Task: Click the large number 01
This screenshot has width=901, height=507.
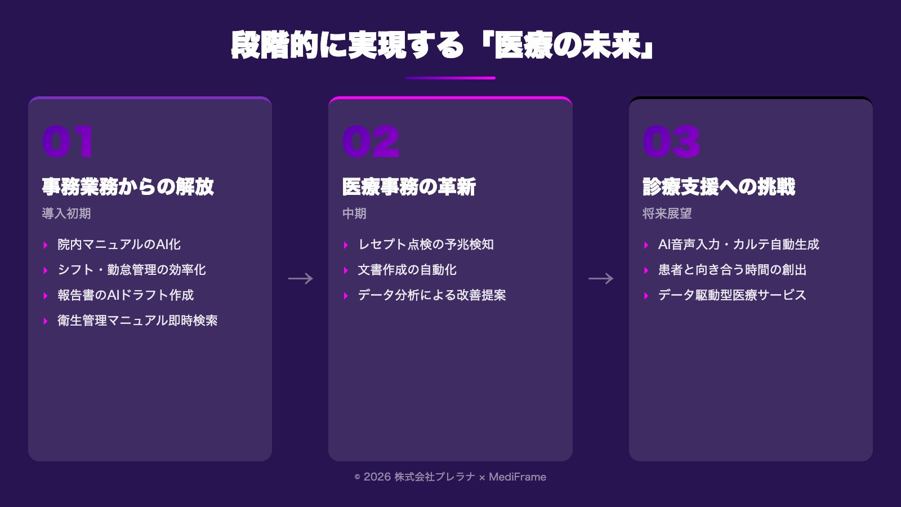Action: pos(67,141)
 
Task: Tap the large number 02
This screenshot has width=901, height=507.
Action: pos(371,141)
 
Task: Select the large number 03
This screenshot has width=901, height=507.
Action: pos(671,141)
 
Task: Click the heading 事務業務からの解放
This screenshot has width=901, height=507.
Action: pos(128,186)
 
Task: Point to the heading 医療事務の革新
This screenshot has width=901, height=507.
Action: pos(409,186)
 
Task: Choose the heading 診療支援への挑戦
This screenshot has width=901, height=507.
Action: pos(719,186)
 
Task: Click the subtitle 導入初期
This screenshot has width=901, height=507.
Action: pos(66,214)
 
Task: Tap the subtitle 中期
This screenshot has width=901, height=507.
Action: pos(354,214)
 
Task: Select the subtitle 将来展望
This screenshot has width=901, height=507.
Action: pos(667,214)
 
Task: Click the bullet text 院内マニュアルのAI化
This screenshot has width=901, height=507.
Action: pos(119,244)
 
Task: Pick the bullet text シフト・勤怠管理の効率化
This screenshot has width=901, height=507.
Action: pos(131,270)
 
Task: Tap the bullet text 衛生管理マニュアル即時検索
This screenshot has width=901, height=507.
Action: pos(137,321)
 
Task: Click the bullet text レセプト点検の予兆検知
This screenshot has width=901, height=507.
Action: pos(426,244)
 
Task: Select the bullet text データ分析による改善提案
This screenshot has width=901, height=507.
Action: pos(431,295)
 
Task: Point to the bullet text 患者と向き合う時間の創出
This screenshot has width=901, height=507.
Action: pos(732,270)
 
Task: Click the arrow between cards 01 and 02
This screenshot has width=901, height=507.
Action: pos(300,278)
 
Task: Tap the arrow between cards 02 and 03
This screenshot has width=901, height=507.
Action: pos(600,278)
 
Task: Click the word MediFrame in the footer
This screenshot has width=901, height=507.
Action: pos(517,477)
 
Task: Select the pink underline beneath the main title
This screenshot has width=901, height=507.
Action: pos(450,78)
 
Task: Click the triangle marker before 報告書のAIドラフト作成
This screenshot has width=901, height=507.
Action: pos(46,296)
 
